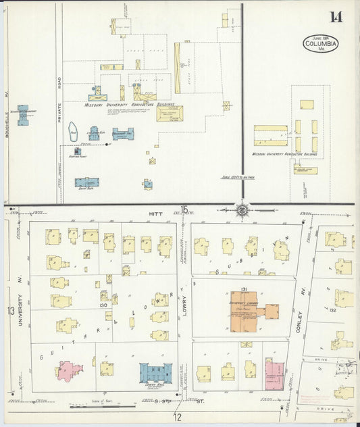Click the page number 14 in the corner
(336, 17)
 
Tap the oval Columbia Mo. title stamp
(321, 44)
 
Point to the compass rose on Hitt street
(242, 209)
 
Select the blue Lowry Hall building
(156, 374)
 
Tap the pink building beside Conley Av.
(274, 372)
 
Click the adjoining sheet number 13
(10, 311)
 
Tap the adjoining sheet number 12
(177, 416)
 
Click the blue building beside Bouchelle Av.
(23, 115)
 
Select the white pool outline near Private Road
(73, 134)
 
